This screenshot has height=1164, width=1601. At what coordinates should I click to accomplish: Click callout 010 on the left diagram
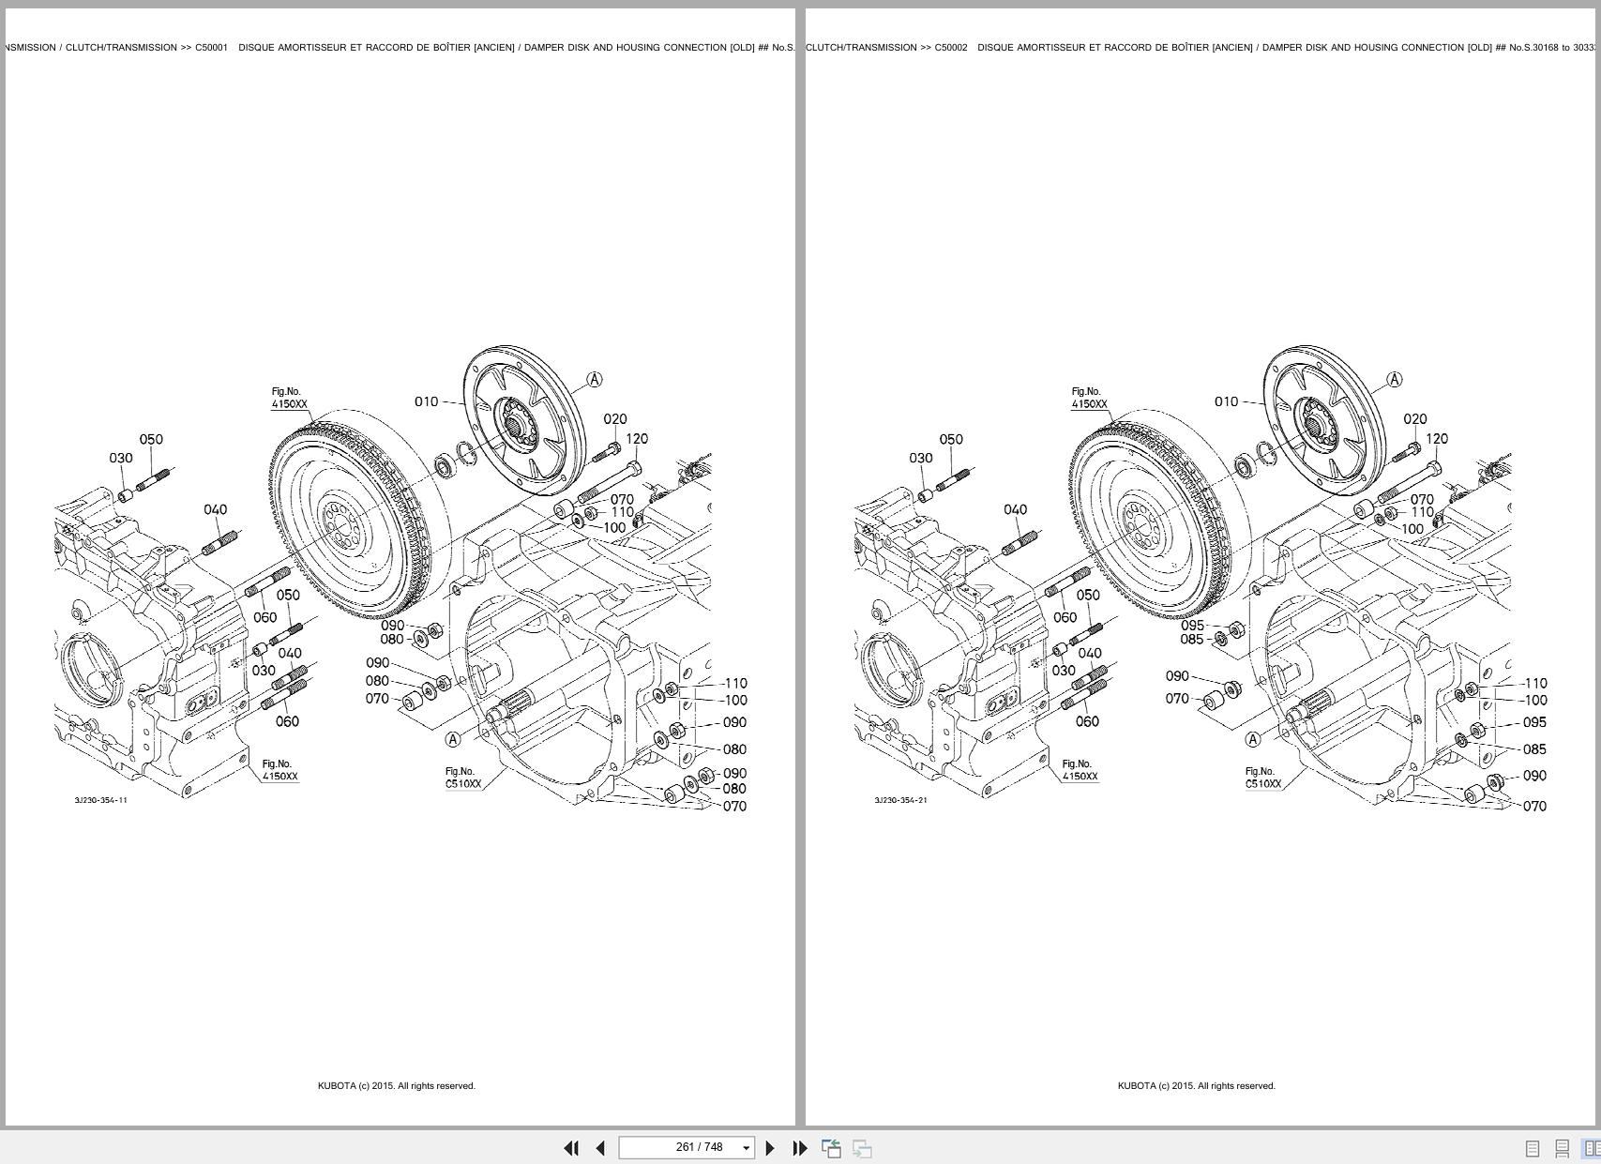click(426, 401)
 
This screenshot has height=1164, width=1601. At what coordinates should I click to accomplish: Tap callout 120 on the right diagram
click(1437, 438)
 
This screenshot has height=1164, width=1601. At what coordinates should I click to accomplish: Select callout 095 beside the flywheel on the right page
click(1192, 625)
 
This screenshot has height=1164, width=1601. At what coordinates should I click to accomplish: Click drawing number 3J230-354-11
click(100, 800)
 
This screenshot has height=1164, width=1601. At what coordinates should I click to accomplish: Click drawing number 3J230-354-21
click(900, 800)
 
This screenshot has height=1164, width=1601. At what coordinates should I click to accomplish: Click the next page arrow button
click(770, 1148)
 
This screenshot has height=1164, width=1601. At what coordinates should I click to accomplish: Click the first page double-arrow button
click(570, 1148)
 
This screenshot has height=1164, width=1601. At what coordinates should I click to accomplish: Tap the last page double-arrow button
click(800, 1148)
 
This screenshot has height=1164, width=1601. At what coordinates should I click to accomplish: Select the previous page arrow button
click(600, 1148)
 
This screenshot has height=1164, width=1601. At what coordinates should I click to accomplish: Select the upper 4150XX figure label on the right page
click(1089, 404)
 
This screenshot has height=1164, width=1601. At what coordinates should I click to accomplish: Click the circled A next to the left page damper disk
click(595, 379)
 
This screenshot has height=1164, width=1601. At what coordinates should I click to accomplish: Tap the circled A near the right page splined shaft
click(1253, 739)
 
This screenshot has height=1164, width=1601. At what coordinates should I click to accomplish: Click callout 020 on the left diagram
click(615, 419)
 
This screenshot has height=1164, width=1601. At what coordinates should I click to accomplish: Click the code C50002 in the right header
click(950, 47)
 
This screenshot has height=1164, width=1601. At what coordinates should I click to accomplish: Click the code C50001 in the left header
click(211, 47)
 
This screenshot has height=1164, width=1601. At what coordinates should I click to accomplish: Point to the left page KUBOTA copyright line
click(396, 1085)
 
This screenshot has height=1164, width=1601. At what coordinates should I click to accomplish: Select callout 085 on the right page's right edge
click(1534, 748)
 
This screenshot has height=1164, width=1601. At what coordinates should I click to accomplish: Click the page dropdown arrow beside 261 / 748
click(747, 1148)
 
